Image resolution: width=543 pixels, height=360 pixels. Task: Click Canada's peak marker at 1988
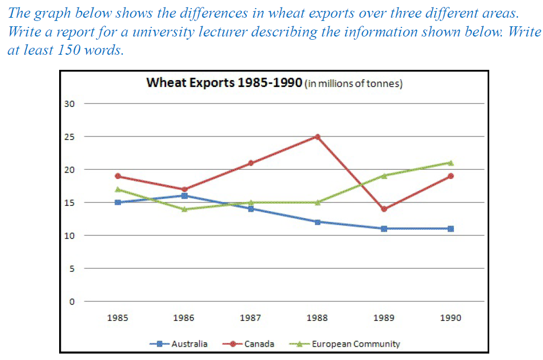(317, 136)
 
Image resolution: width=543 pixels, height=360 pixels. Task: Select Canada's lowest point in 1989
(384, 209)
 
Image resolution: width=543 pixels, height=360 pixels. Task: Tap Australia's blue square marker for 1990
(451, 228)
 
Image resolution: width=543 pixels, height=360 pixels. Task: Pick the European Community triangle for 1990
(451, 163)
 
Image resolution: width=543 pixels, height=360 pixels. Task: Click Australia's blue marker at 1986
(184, 196)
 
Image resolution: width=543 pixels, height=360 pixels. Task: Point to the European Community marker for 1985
(117, 189)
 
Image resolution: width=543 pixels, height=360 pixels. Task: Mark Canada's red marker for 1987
(251, 163)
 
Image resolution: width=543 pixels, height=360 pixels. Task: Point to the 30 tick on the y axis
(69, 104)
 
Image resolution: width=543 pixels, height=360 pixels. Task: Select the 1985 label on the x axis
(117, 318)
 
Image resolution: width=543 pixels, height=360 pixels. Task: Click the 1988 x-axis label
(317, 318)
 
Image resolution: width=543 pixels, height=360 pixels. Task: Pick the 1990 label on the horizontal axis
(451, 318)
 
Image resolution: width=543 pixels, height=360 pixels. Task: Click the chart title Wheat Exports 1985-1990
(224, 83)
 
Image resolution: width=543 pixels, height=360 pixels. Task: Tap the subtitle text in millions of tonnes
(354, 84)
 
